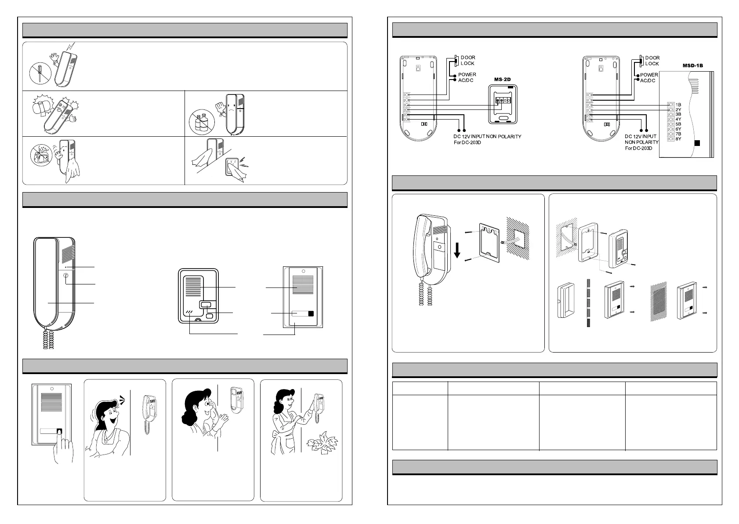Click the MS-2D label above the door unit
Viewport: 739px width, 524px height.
pyautogui.click(x=503, y=80)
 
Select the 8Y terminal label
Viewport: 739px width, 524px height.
pyautogui.click(x=678, y=139)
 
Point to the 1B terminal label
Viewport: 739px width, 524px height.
pyautogui.click(x=678, y=105)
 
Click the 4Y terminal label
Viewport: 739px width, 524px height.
pyautogui.click(x=678, y=119)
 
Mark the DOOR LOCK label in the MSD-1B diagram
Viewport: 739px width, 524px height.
pyautogui.click(x=652, y=61)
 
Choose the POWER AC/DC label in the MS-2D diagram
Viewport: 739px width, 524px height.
pyautogui.click(x=467, y=77)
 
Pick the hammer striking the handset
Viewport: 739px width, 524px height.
pyautogui.click(x=43, y=107)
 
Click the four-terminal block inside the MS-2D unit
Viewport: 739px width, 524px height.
pyautogui.click(x=503, y=101)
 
